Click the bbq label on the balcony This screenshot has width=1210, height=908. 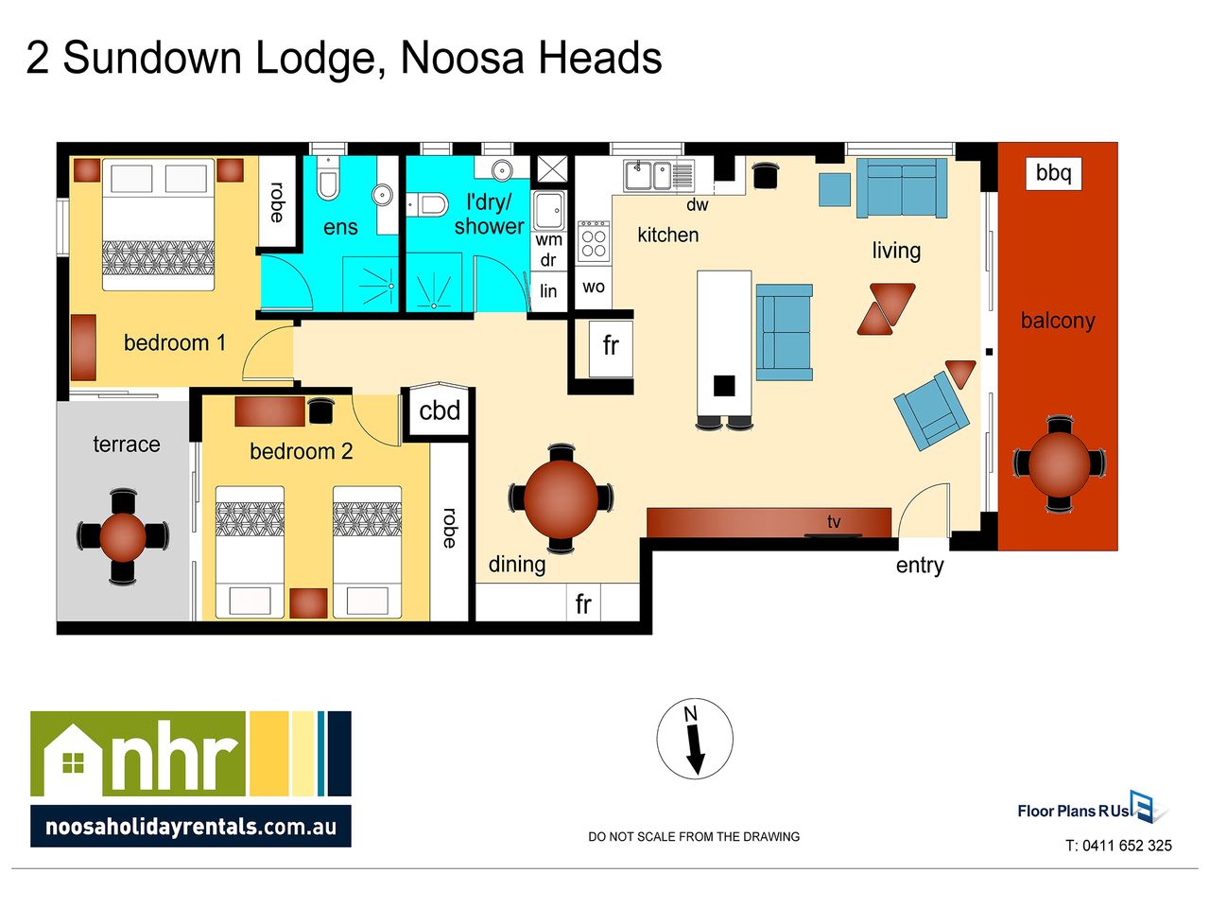[1053, 173]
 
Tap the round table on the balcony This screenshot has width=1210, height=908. [1059, 464]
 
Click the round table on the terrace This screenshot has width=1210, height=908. [123, 536]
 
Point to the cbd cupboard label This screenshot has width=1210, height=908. [440, 410]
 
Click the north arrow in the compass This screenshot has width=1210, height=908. [695, 750]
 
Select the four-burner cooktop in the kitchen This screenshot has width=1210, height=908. [594, 241]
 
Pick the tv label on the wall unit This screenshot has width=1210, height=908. [834, 521]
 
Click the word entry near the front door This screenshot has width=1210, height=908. [920, 566]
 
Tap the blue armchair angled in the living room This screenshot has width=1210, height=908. [931, 410]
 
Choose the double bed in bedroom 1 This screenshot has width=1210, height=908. [158, 224]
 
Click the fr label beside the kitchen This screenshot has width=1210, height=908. [611, 345]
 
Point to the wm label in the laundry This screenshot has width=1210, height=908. [548, 240]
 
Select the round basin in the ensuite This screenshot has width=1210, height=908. [382, 194]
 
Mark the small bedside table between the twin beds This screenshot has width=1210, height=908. [308, 602]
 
